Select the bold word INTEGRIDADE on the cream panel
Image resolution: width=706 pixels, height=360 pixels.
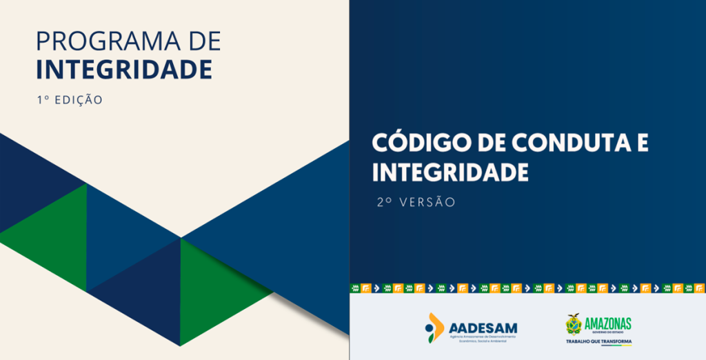click(123, 69)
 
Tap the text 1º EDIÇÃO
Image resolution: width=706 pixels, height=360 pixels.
click(69, 100)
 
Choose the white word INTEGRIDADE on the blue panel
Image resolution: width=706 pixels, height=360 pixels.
click(450, 172)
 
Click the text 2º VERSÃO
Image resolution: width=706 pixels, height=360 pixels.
click(416, 203)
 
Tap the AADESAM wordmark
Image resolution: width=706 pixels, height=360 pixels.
click(483, 327)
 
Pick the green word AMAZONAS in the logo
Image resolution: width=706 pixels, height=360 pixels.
click(607, 323)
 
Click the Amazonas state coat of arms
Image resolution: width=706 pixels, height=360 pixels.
click(573, 324)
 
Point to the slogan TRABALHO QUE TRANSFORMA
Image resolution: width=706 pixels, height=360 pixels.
click(598, 341)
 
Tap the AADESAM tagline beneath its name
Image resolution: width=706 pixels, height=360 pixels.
click(483, 337)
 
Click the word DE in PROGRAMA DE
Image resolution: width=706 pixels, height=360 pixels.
click(204, 41)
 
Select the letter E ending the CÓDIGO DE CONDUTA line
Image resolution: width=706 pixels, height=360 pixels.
click(642, 143)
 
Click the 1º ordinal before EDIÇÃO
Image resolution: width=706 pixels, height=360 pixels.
click(42, 100)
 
